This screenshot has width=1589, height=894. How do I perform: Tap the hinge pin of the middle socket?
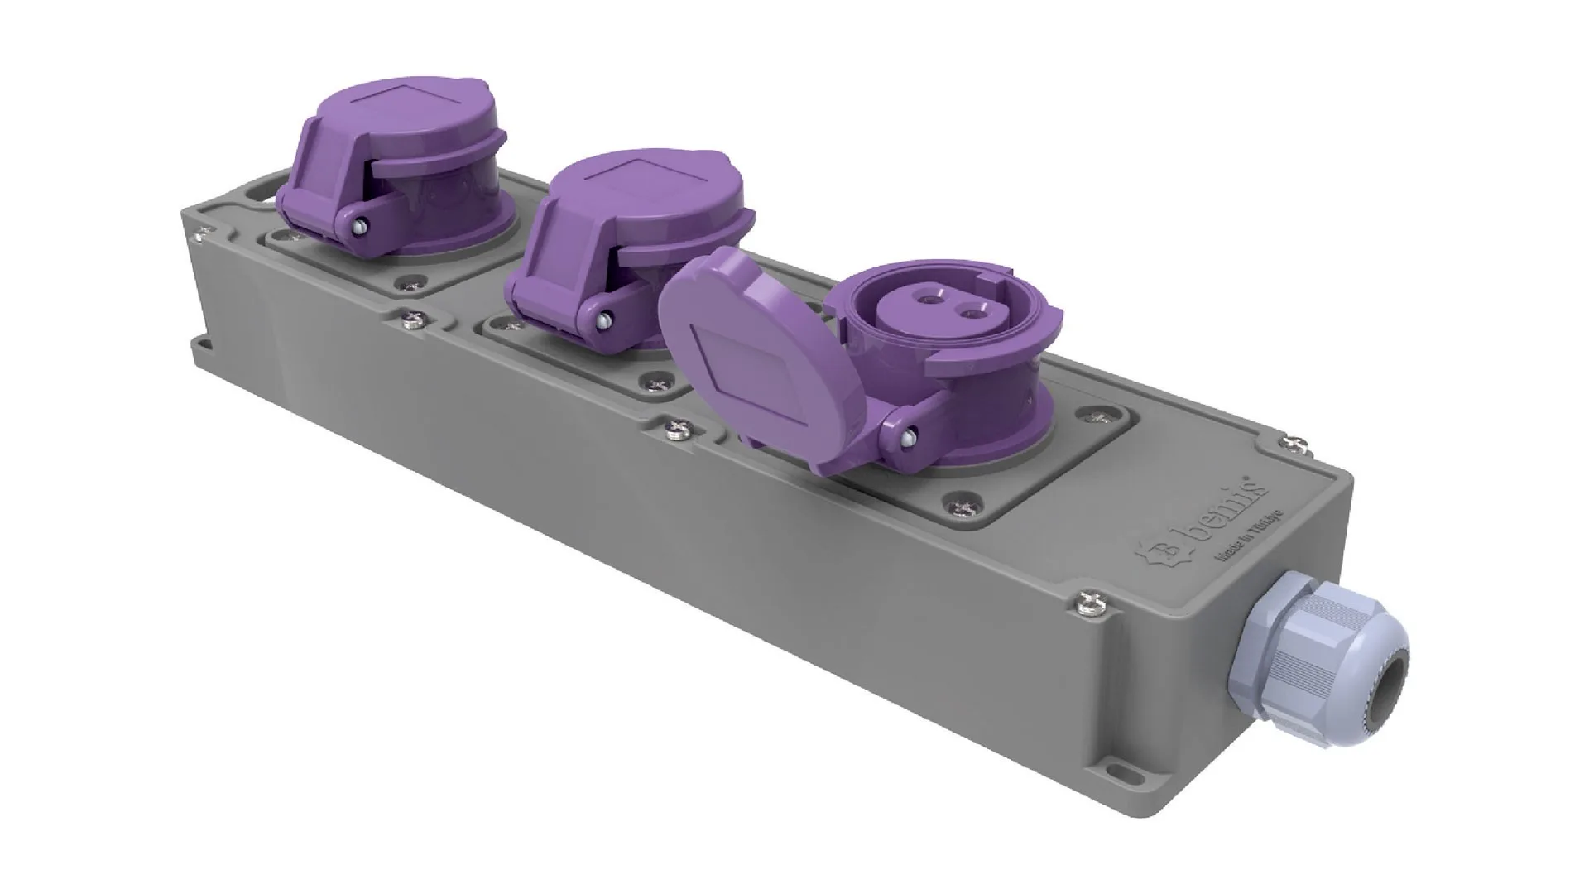tap(606, 319)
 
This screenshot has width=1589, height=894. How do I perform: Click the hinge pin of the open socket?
tap(908, 432)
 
